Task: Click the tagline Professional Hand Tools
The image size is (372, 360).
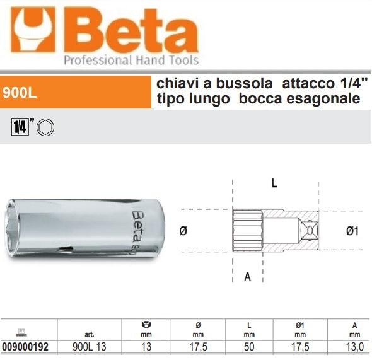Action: (131, 61)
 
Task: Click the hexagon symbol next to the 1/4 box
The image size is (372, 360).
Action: (47, 127)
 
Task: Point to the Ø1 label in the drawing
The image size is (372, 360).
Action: (352, 231)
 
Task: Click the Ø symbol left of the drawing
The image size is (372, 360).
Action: (183, 231)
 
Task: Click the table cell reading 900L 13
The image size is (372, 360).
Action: (86, 347)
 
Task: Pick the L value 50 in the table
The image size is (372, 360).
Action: (249, 347)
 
